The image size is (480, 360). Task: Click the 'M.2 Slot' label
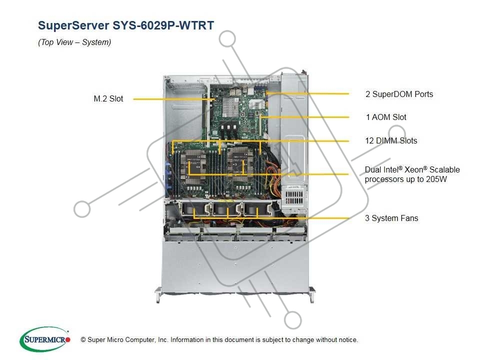(108, 99)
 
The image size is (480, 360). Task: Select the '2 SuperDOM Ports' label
(399, 94)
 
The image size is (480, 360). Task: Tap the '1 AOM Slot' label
(386, 117)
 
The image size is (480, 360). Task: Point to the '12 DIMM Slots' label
(391, 141)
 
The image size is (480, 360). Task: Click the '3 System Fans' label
(391, 218)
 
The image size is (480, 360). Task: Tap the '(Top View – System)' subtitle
(74, 42)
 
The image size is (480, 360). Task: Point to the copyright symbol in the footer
(83, 340)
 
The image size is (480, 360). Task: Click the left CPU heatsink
(194, 163)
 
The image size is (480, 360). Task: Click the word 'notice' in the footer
(347, 340)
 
